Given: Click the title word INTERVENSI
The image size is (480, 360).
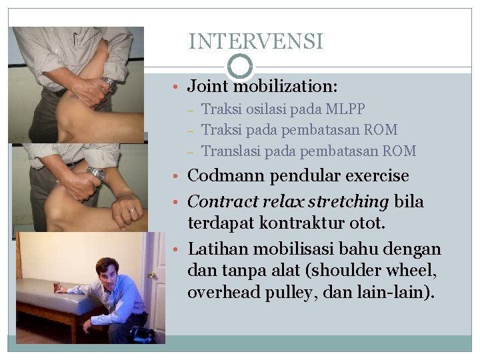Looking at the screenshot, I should tap(255, 42).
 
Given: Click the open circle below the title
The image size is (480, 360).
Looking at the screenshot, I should tap(240, 66).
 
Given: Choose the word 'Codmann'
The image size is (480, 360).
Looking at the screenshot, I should tap(222, 177).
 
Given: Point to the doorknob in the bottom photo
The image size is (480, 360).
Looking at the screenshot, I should tap(153, 275).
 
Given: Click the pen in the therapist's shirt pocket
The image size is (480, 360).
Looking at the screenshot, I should tap(75, 38).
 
